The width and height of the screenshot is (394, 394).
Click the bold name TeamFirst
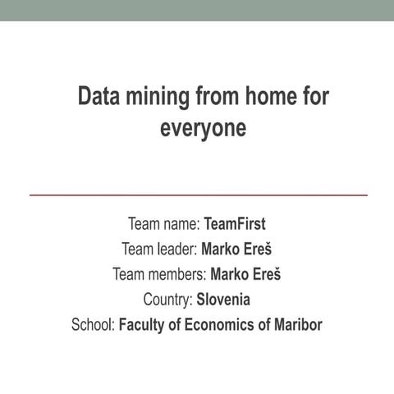pos(235,223)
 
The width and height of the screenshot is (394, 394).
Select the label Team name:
pos(164,223)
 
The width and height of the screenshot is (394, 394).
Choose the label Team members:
pos(159,274)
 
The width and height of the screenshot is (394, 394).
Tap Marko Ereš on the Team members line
pos(245,274)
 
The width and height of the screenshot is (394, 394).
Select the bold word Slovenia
pos(223,300)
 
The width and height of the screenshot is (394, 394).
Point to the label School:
pos(93,325)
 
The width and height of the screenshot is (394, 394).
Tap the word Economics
pos(215,325)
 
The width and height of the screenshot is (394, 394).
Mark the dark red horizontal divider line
pos(198,195)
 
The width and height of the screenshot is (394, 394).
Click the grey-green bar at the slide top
pos(197,10)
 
